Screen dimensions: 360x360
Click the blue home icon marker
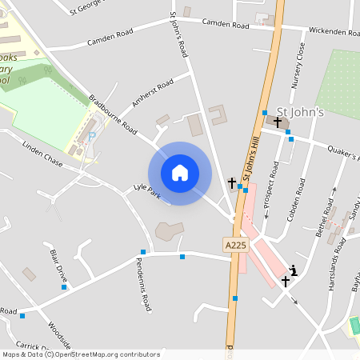pyautogui.click(x=180, y=173)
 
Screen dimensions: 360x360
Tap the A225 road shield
pyautogui.click(x=234, y=246)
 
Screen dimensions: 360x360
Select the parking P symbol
pyautogui.click(x=90, y=136)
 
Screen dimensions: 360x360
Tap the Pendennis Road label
pyautogui.click(x=143, y=285)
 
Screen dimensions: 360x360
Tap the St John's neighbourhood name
pyautogui.click(x=300, y=112)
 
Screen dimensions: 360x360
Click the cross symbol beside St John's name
pyautogui.click(x=278, y=122)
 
